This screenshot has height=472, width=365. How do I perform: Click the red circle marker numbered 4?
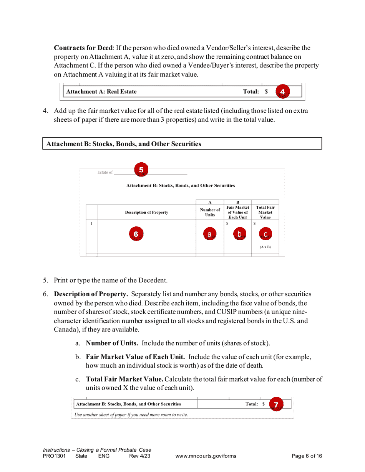(282, 92)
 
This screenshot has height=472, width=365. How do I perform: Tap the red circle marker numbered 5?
(141, 170)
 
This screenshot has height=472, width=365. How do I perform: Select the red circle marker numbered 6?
(136, 234)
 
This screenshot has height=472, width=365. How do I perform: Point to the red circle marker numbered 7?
(276, 404)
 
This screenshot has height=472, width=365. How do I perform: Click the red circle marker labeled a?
(209, 234)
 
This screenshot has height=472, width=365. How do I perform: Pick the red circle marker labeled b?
(239, 234)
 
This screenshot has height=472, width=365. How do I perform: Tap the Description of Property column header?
(146, 213)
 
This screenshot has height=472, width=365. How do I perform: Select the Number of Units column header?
(210, 212)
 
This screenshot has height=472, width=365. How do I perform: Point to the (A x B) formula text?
(265, 247)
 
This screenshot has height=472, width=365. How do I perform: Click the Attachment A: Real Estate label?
(101, 92)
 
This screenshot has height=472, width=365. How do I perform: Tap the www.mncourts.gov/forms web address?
(206, 456)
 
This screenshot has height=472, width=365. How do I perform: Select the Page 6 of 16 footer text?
(307, 456)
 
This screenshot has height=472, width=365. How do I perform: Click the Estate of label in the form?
(105, 172)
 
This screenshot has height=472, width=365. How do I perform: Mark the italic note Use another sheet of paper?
(131, 415)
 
